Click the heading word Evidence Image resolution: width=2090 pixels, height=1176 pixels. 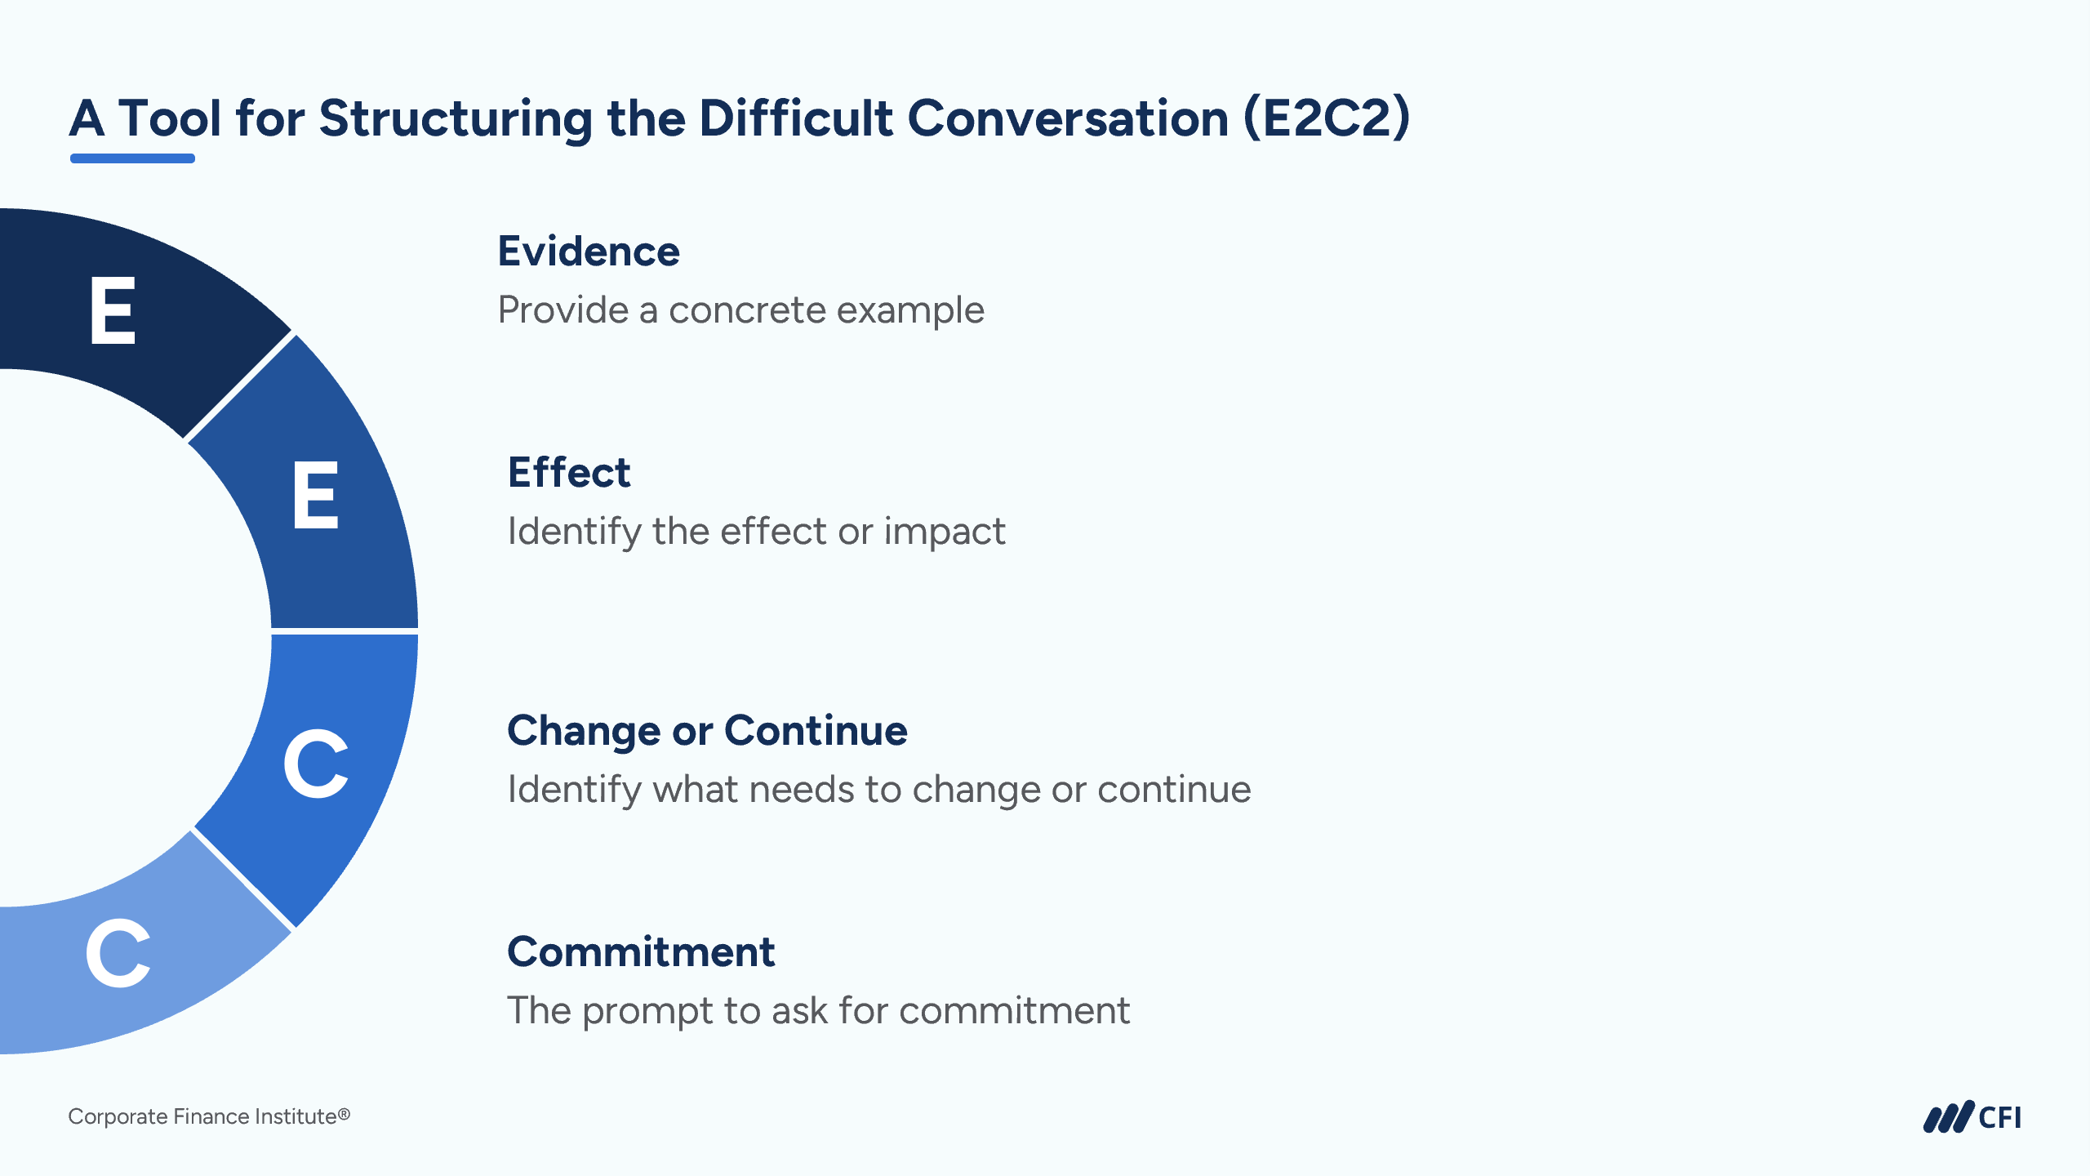click(589, 252)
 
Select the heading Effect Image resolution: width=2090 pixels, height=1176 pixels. click(569, 472)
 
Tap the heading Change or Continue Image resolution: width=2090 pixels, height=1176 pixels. click(707, 730)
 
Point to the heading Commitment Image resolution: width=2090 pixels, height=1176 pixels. click(641, 952)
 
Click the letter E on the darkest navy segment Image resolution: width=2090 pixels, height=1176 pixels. click(112, 310)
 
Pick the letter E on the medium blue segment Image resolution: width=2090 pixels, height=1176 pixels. click(315, 495)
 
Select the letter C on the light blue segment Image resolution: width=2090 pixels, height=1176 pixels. click(118, 952)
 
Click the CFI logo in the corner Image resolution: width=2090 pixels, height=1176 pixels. click(1972, 1117)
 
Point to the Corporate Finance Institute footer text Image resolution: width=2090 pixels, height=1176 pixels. click(209, 1116)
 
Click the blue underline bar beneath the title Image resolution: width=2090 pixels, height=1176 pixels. click(132, 158)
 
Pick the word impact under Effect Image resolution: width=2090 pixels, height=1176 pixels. click(945, 532)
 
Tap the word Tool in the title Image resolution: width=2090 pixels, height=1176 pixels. click(170, 118)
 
